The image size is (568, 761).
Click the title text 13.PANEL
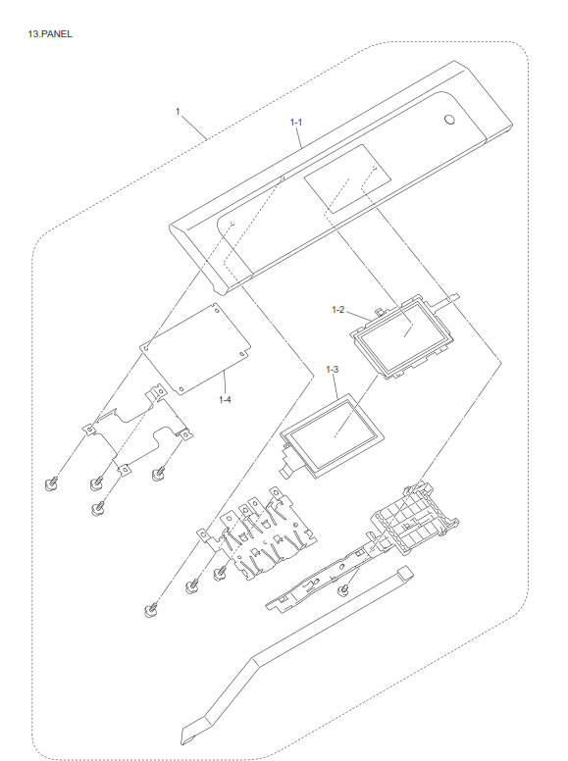pyautogui.click(x=51, y=33)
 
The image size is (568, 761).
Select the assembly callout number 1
pyautogui.click(x=178, y=112)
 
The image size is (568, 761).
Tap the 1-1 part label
pyautogui.click(x=296, y=122)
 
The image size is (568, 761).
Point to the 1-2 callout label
pyautogui.click(x=336, y=310)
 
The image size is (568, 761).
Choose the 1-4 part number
pyautogui.click(x=225, y=399)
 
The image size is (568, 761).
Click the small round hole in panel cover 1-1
pyautogui.click(x=449, y=121)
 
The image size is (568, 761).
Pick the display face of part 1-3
pyautogui.click(x=332, y=428)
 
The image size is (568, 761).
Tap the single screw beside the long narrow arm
pyautogui.click(x=344, y=591)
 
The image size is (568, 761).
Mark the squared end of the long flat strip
pyautogui.click(x=404, y=572)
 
